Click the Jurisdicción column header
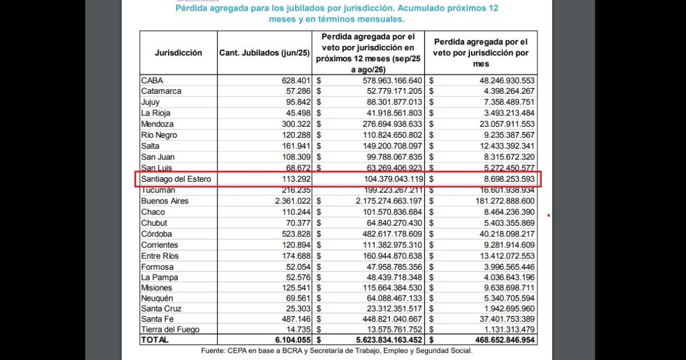point(178,53)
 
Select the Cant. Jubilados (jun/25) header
point(265,53)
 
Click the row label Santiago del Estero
point(176,179)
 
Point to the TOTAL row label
point(155,339)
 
